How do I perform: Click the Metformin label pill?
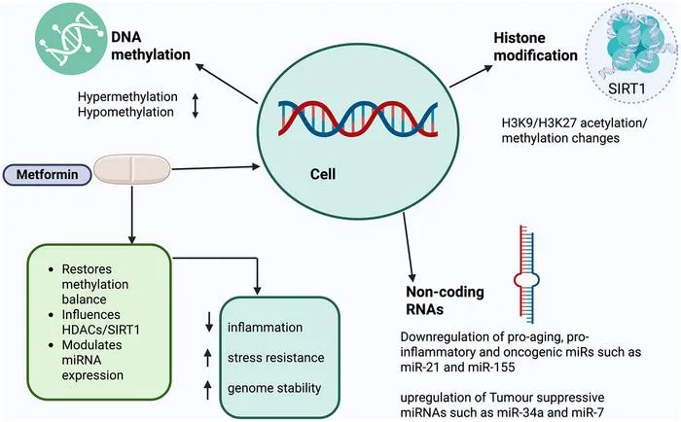[48, 174]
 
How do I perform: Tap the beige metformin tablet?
[132, 169]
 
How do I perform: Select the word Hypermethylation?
[127, 97]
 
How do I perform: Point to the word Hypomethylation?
[125, 112]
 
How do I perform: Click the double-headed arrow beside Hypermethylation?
[195, 105]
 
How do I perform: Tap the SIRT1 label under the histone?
[627, 88]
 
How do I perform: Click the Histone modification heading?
[535, 47]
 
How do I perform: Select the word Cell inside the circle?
[323, 174]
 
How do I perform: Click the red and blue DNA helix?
[358, 119]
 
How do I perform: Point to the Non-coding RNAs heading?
[445, 300]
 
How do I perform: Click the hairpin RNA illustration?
[526, 274]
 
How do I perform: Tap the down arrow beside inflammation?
[209, 322]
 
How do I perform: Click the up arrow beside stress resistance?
[208, 357]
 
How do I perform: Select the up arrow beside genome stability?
[207, 389]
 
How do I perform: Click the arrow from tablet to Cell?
[216, 167]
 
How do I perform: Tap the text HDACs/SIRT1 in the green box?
[101, 330]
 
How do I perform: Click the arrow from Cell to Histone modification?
[471, 76]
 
